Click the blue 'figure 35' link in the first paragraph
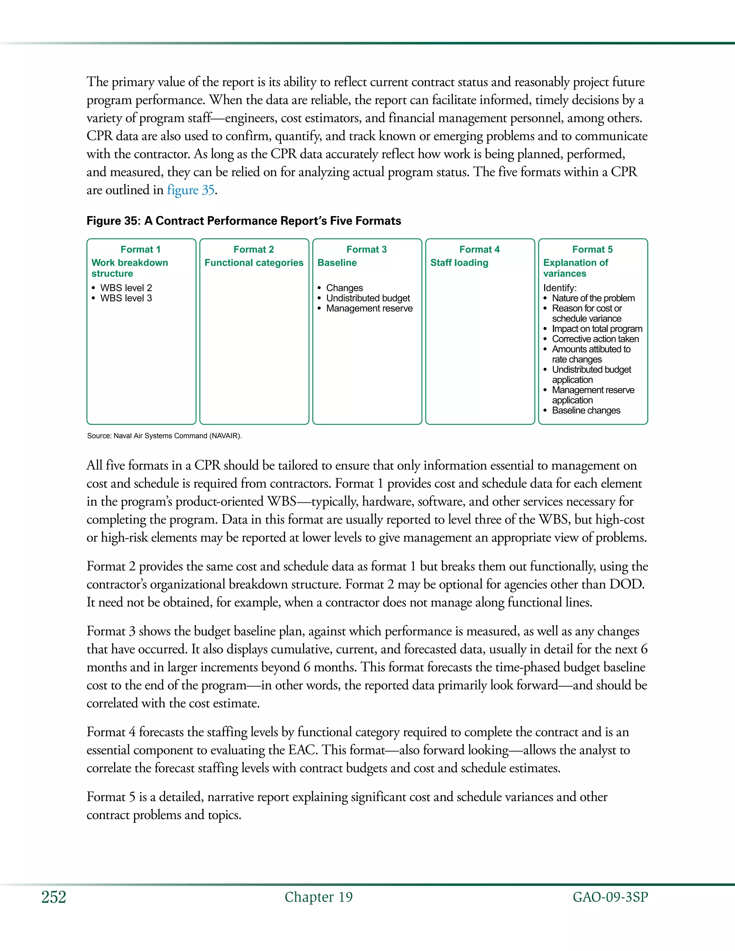pos(191,190)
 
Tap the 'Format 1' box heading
pos(140,249)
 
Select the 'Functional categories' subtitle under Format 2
pos(254,263)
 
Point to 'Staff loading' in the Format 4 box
pos(459,263)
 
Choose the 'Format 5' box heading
pos(592,249)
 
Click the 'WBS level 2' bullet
pos(126,288)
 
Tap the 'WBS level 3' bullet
pos(126,298)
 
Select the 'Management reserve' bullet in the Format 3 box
pos(369,308)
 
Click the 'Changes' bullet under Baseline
pos(345,288)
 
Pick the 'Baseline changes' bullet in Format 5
pos(586,410)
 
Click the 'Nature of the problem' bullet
pos(593,298)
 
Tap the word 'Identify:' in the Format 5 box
pos(560,288)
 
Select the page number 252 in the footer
pos(53,898)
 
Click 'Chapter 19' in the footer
pos(318,897)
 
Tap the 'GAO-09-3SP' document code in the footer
pos(610,897)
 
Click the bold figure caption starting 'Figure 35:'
pos(243,221)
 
